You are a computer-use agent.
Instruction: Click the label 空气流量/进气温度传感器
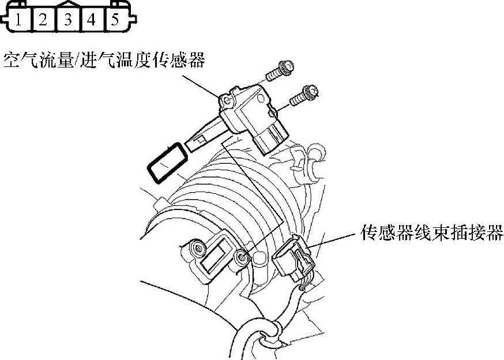pyautogui.click(x=104, y=59)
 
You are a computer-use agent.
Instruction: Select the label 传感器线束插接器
pyautogui.click(x=432, y=232)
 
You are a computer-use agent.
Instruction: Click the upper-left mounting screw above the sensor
pyautogui.click(x=279, y=72)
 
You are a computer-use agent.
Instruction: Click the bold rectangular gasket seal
pyautogui.click(x=168, y=163)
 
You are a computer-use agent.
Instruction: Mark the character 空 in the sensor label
pyautogui.click(x=12, y=59)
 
